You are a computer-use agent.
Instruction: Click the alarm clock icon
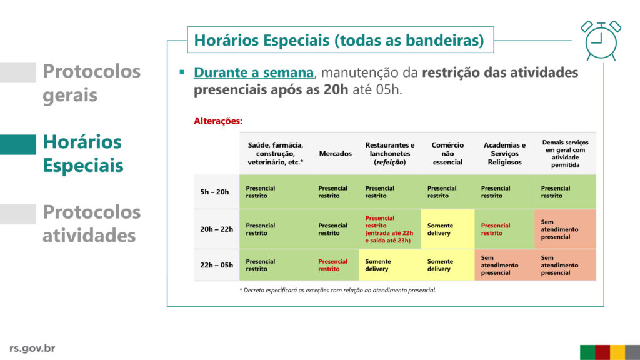pos(601,41)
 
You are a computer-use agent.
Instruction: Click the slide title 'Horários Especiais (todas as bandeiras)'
pos(339,40)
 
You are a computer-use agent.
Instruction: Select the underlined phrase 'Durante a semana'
pos(254,72)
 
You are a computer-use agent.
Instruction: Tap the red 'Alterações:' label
pos(218,121)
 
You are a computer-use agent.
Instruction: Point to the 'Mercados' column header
pos(335,154)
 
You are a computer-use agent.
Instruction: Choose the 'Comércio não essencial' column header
pos(447,154)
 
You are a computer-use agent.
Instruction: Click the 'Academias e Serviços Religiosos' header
pos(504,154)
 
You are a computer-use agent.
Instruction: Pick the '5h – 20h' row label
pos(214,192)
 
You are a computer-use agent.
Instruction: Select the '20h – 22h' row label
pos(216,229)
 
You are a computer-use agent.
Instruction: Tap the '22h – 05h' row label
pos(216,265)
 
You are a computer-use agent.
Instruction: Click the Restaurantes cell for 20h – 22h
pos(389,229)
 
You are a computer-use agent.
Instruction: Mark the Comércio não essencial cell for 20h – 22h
pos(447,229)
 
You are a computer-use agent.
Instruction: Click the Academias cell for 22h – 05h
pos(504,265)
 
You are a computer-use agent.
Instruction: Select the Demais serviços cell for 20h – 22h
pos(565,229)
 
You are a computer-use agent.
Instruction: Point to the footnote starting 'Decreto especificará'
pos(337,290)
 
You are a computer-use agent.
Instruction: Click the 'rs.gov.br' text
pos(32,348)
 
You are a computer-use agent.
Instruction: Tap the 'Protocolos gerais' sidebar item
pos(91,83)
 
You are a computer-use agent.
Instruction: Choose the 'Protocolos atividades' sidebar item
pos(91,224)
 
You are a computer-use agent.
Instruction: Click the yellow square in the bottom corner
pos(617,352)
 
